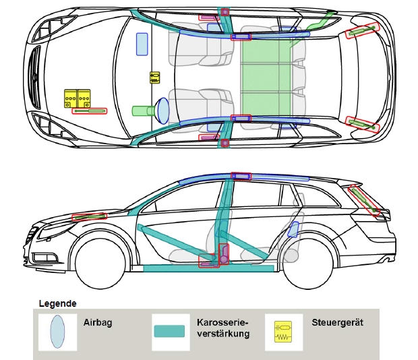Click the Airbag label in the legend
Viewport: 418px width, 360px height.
pyautogui.click(x=98, y=323)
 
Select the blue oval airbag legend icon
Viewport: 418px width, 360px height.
pyautogui.click(x=58, y=331)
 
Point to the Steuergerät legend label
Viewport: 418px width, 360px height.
pyautogui.click(x=337, y=323)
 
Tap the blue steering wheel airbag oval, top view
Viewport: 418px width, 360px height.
pyautogui.click(x=162, y=110)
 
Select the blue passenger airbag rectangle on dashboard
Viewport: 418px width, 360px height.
pyautogui.click(x=142, y=43)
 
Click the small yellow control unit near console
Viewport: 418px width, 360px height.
pyautogui.click(x=154, y=78)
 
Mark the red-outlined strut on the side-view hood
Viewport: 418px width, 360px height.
pyautogui.click(x=90, y=216)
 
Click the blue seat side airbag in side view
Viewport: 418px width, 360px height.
pyautogui.click(x=293, y=230)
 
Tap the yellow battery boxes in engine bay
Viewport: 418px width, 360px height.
pyautogui.click(x=78, y=98)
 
